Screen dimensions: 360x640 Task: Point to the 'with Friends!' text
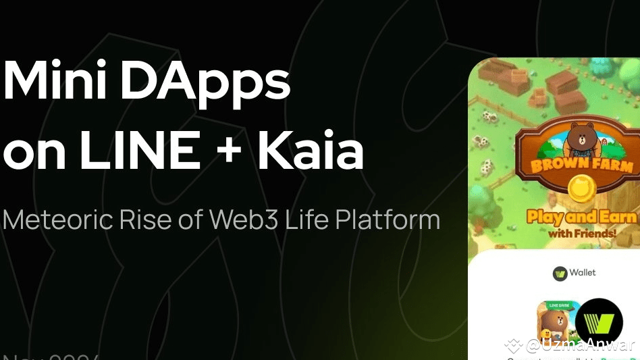[x=582, y=233]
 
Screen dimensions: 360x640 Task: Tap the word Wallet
[x=582, y=273]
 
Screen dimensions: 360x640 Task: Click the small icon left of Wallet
[x=560, y=274]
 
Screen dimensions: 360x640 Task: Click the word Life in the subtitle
[x=306, y=220]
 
